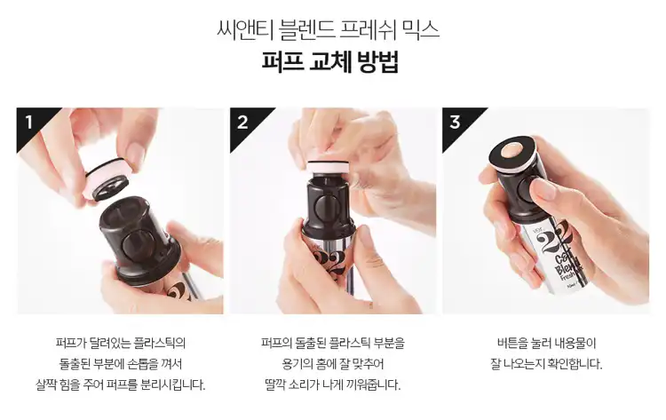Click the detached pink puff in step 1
[108, 179]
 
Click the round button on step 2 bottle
[323, 208]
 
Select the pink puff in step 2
[328, 166]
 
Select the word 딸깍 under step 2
[274, 384]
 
